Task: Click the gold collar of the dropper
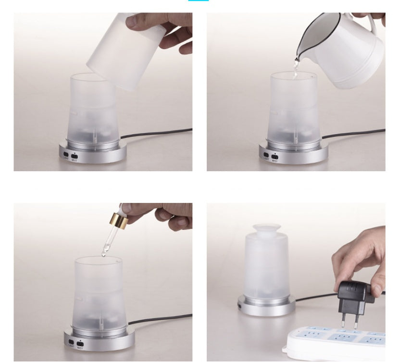119,222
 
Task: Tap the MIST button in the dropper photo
80,344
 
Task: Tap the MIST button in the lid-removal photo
75,156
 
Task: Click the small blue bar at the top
198,0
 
